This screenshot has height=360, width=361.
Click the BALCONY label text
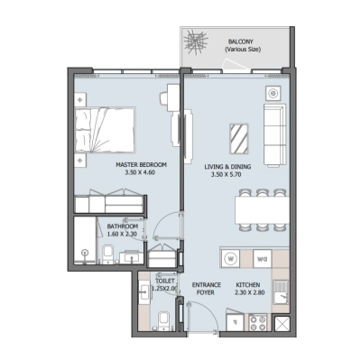239,42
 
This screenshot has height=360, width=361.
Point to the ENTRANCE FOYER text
208,290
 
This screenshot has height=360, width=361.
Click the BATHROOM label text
123,226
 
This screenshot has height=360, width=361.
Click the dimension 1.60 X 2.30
123,235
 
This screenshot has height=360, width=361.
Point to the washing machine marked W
232,258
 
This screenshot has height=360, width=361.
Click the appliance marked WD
261,258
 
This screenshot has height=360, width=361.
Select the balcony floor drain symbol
198,44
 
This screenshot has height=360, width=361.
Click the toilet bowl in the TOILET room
162,323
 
